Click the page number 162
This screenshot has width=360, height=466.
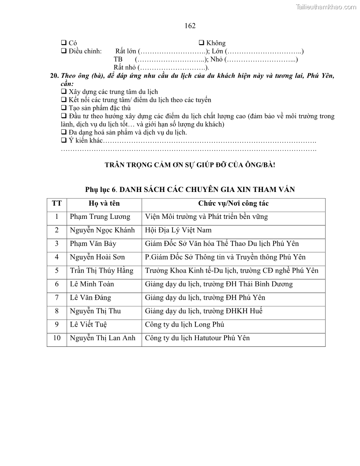pos(190,26)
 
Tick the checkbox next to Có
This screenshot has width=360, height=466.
pos(64,43)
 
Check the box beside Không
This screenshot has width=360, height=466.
pos(201,43)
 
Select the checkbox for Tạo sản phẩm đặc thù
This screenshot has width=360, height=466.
pos(64,108)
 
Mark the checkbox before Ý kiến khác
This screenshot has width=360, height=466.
pos(64,140)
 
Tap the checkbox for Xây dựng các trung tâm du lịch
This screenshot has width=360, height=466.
pos(64,91)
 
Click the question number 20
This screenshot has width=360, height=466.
pos(55,76)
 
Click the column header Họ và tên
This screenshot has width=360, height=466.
pos(104,203)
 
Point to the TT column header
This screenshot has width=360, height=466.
pos(56,203)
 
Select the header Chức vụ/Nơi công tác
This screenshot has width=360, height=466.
pos(233,203)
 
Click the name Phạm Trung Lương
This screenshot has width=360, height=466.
pos(100,217)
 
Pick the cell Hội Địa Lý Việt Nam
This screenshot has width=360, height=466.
pos(178,230)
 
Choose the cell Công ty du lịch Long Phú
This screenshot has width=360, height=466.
pos(184,324)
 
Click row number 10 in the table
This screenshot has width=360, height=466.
pos(56,338)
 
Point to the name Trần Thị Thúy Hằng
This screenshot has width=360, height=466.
pos(101,271)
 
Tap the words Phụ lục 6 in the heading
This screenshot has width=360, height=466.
pos(101,189)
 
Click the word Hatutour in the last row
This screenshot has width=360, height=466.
pos(209,338)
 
